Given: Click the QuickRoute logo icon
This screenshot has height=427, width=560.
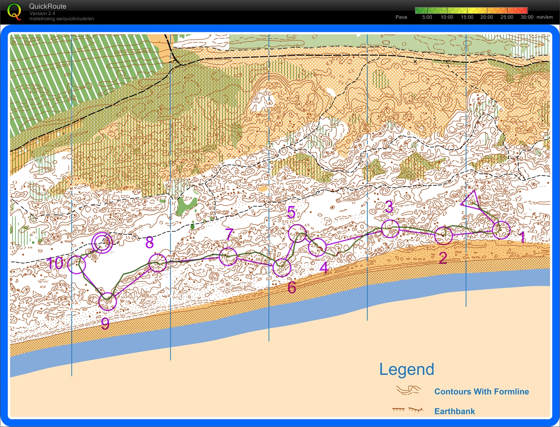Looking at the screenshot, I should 15,11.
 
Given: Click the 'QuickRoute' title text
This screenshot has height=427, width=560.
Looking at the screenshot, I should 48,6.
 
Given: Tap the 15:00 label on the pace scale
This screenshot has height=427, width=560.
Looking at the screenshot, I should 467,17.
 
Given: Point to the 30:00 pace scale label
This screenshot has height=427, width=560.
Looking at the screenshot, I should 527,17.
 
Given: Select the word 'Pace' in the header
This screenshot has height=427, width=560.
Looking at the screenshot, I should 401,17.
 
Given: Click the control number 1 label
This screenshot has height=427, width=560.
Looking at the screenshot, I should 522,237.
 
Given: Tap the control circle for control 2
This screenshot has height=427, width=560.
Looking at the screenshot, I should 444,235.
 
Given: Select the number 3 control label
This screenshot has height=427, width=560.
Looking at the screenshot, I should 389,206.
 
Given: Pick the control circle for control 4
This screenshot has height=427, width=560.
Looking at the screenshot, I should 317,247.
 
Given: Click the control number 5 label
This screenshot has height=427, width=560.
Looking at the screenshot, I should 291,212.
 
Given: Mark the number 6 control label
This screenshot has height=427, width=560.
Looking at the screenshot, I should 292,288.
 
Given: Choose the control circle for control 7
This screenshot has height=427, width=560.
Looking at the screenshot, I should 228,256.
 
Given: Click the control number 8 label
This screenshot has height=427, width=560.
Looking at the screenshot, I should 150,243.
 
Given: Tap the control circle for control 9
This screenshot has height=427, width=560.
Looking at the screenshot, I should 107,301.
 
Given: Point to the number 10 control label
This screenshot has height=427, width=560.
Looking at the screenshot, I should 55,264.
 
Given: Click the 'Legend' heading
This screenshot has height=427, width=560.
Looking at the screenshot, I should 406,369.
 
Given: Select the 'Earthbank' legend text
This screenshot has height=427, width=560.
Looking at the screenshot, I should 454,411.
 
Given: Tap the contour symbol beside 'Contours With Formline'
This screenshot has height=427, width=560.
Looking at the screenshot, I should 408,391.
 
